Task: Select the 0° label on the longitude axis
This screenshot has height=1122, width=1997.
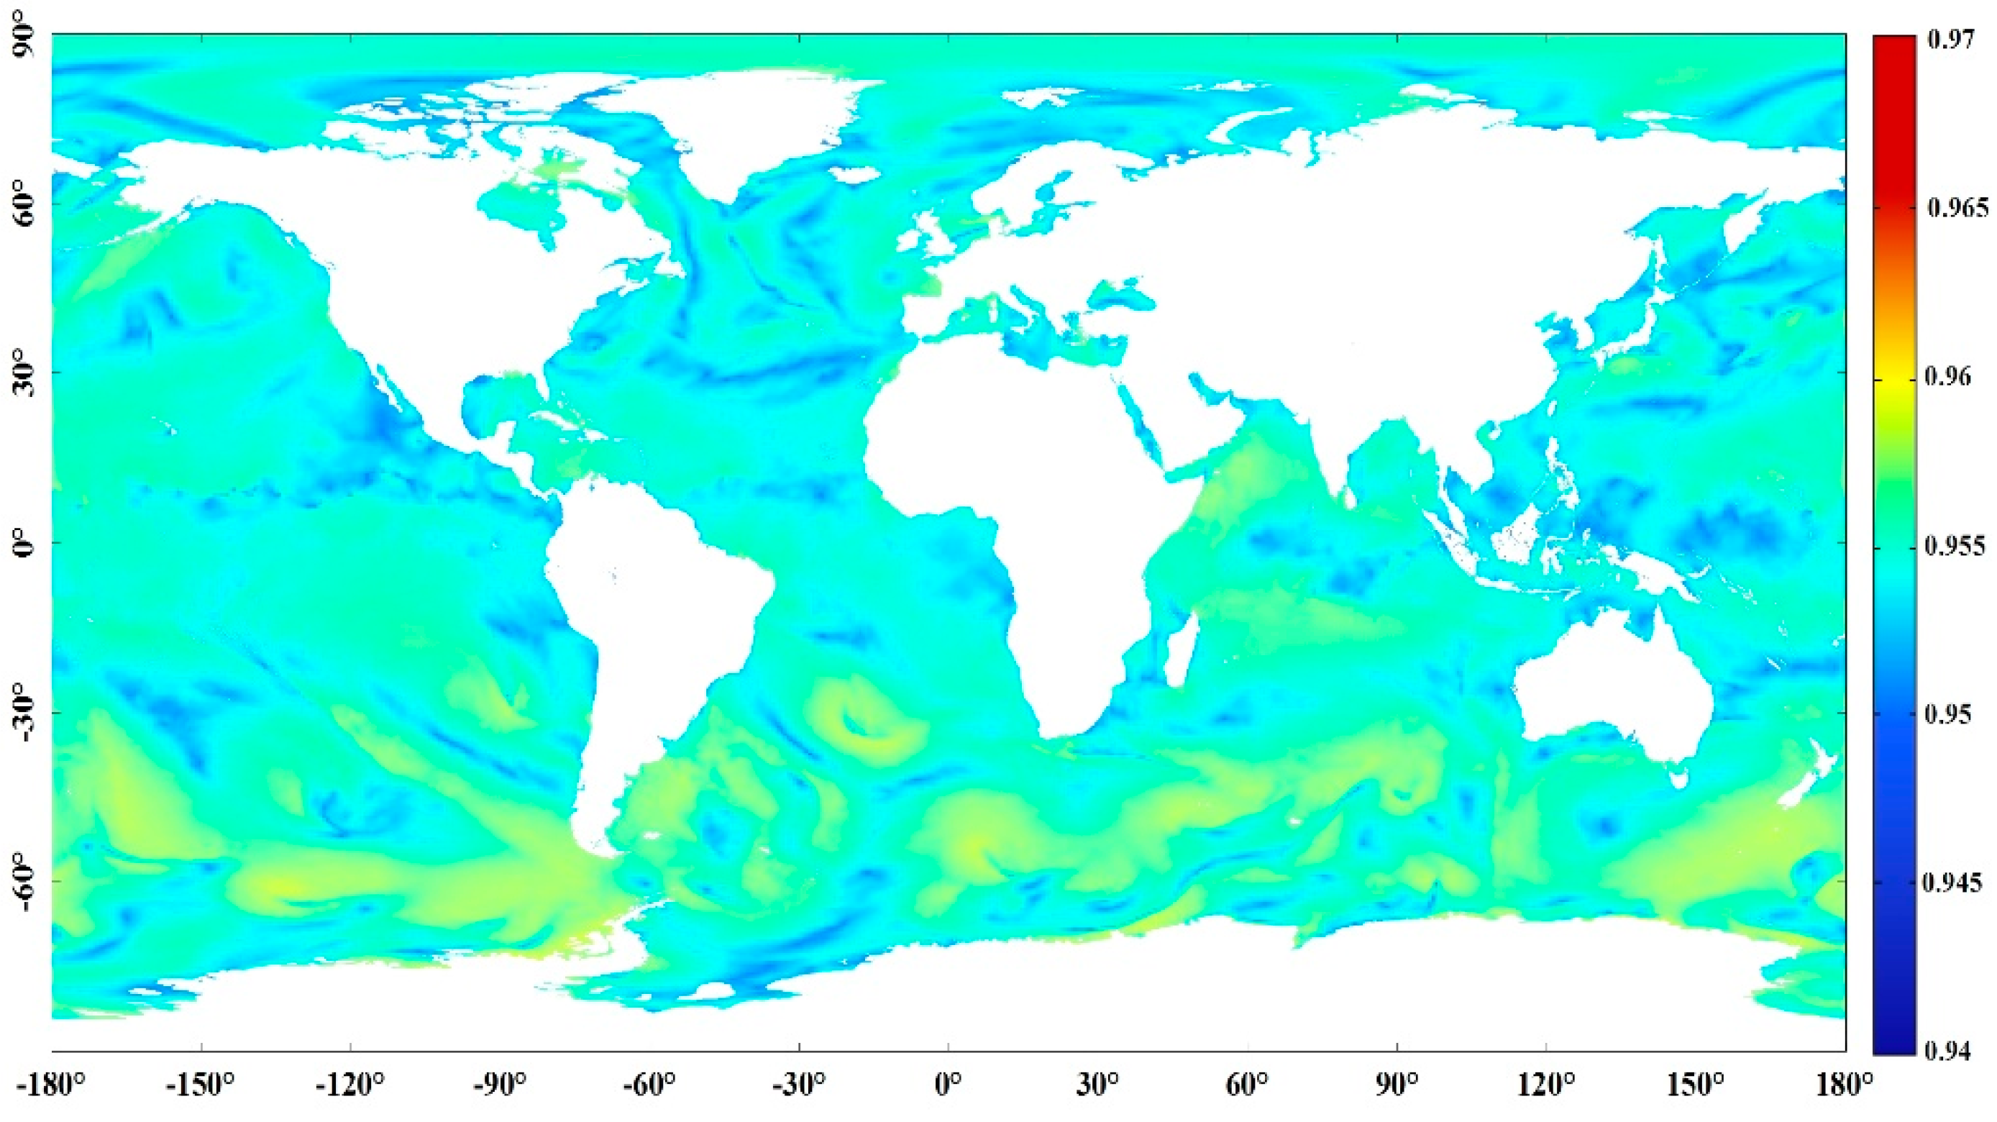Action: coord(948,1085)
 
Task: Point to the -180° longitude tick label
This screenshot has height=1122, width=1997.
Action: coord(51,1085)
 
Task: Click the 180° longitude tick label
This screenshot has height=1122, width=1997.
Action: coord(1845,1085)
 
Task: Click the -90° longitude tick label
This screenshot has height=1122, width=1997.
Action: coord(500,1085)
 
